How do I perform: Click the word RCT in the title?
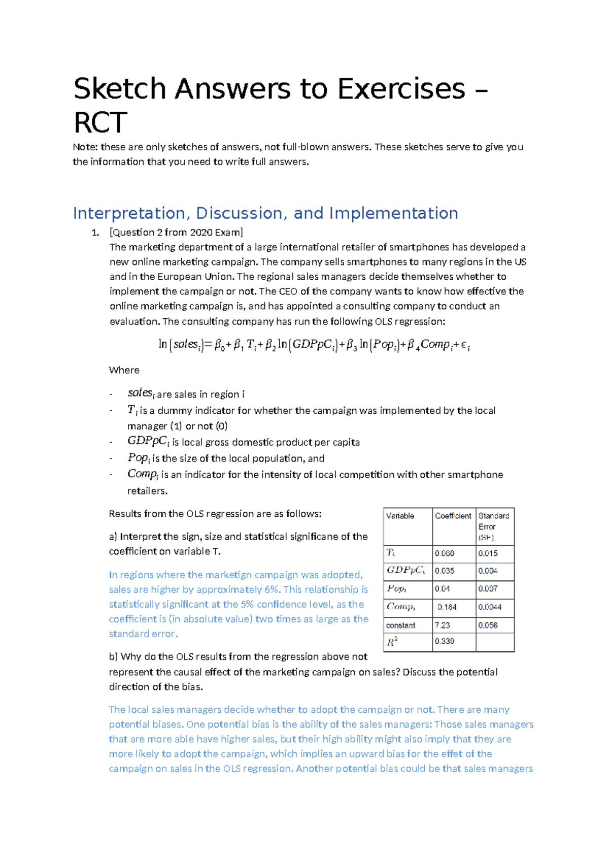pyautogui.click(x=100, y=122)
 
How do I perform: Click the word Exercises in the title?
pyautogui.click(x=401, y=89)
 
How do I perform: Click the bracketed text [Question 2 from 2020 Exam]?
pyautogui.click(x=176, y=233)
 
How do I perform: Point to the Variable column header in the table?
pyautogui.click(x=400, y=516)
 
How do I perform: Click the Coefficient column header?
pyautogui.click(x=453, y=516)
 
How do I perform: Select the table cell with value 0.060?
pyautogui.click(x=444, y=553)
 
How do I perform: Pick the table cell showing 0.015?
pyautogui.click(x=488, y=553)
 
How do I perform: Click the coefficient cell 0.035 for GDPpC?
pyautogui.click(x=444, y=571)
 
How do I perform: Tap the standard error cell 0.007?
pyautogui.click(x=488, y=589)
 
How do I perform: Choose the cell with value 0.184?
pyautogui.click(x=447, y=607)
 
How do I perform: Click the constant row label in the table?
pyautogui.click(x=400, y=625)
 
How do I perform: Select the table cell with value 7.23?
pyautogui.click(x=442, y=625)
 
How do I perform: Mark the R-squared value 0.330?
pyautogui.click(x=444, y=641)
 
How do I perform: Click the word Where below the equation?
pyautogui.click(x=124, y=370)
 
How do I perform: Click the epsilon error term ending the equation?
pyautogui.click(x=465, y=345)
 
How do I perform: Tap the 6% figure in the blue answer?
pyautogui.click(x=272, y=590)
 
